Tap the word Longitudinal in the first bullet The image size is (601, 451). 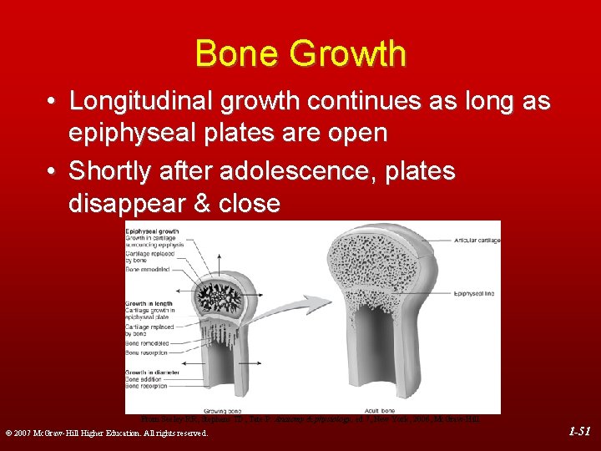144,102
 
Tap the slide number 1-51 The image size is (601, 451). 579,432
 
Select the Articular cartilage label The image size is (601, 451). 477,241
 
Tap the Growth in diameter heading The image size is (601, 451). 152,372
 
